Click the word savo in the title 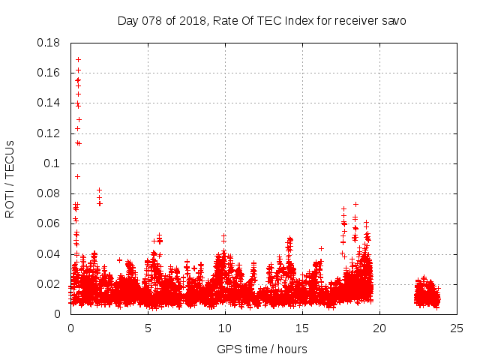pos(393,20)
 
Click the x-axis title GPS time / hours pos(262,349)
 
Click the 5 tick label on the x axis pos(148,328)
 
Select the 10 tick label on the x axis pos(225,328)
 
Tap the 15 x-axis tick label pos(302,328)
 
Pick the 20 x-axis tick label pos(379,328)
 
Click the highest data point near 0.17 pos(78,59)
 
